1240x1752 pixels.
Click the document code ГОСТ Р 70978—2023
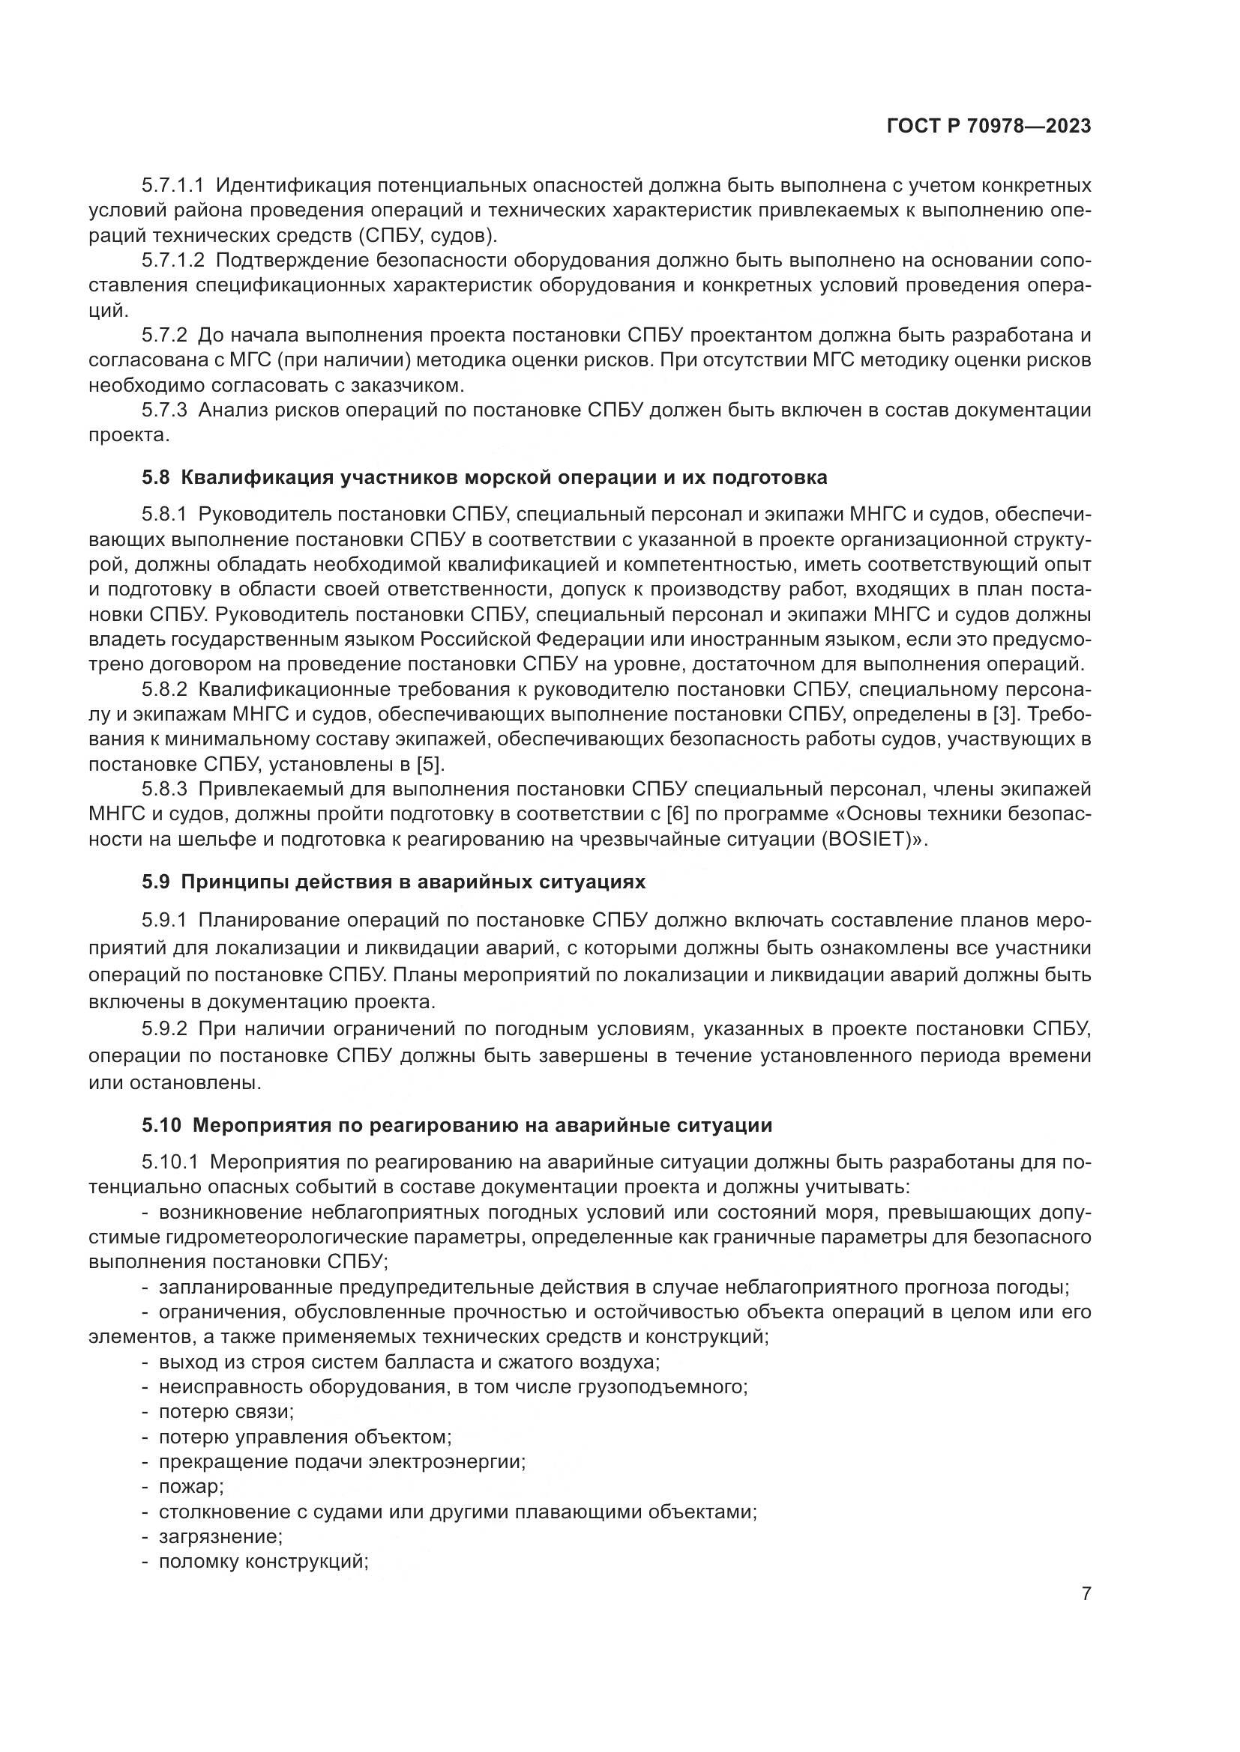pos(989,127)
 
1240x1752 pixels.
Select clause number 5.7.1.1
pos(172,186)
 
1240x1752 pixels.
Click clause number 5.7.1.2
pos(172,260)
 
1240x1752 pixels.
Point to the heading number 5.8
pos(157,478)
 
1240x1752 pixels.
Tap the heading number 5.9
pos(157,882)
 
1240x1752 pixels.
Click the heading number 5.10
pos(162,1125)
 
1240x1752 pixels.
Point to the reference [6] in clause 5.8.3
pos(678,814)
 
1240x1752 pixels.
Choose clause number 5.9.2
pos(164,1028)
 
